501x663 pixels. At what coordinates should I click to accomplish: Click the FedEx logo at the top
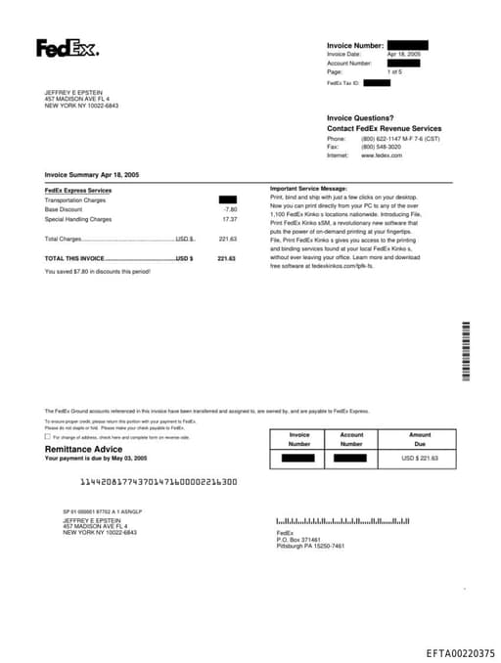coord(68,48)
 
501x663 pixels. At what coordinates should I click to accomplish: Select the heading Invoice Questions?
coord(360,118)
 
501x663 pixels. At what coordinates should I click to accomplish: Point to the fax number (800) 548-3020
coord(381,147)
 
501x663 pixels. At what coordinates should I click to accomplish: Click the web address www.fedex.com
coord(382,155)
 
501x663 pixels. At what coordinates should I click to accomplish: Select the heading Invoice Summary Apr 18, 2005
coord(92,174)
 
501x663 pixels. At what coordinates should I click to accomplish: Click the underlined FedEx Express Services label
coord(78,190)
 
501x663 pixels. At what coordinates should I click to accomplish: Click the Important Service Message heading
coord(308,188)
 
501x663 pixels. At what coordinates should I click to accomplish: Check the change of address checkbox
coord(48,437)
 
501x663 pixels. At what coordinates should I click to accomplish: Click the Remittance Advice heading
coord(85,449)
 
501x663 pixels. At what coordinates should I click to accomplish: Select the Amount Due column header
coord(420,439)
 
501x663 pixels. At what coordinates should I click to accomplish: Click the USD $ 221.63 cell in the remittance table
coord(420,458)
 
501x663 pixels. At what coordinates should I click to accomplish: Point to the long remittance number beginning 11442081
coord(158,481)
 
